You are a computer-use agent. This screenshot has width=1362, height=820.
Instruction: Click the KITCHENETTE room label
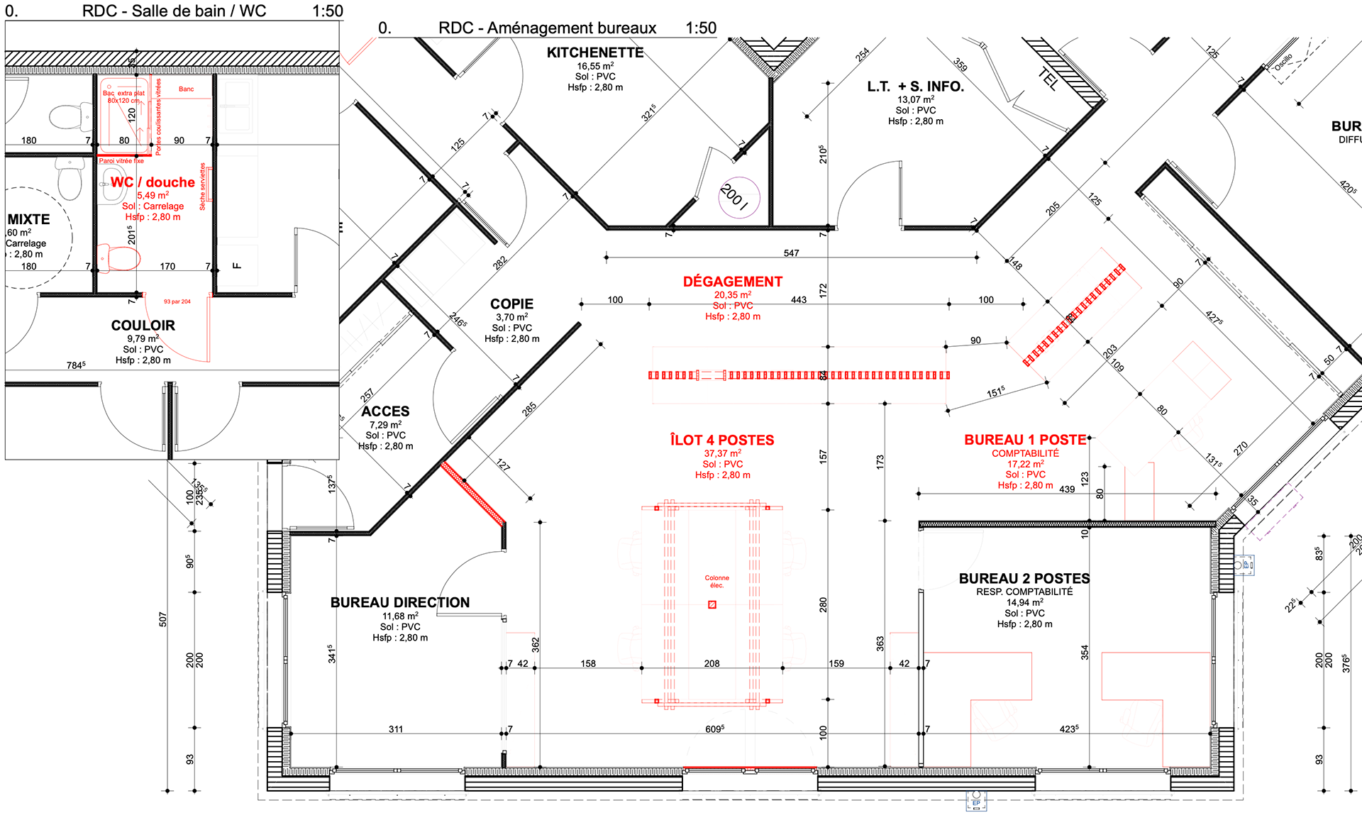tap(594, 52)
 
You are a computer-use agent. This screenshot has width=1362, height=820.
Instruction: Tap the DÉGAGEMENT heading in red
tap(732, 282)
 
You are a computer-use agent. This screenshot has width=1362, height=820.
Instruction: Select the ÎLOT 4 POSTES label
tap(722, 440)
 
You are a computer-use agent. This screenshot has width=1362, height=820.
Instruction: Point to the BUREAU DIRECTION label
tap(400, 602)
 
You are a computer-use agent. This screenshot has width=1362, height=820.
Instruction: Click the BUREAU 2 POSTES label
tap(1024, 578)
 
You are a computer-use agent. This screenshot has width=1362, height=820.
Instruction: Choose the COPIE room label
tap(511, 304)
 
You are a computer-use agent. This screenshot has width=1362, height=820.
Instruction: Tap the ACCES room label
tap(385, 411)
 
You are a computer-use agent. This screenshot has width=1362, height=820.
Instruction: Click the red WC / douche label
tap(153, 182)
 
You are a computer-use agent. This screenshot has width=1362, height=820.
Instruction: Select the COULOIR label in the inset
tap(143, 326)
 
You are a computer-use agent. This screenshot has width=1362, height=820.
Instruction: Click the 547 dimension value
tap(791, 253)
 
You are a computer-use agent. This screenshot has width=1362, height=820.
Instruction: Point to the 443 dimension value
tap(799, 300)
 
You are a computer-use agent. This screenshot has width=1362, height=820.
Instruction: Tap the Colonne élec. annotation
tap(716, 582)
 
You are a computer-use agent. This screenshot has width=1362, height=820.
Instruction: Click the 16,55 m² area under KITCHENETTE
tap(594, 66)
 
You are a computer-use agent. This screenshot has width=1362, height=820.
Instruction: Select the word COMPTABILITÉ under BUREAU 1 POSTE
tap(1025, 453)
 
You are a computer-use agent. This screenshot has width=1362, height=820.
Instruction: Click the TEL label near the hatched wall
tap(1048, 79)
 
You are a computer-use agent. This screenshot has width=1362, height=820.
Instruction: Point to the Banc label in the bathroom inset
tap(186, 89)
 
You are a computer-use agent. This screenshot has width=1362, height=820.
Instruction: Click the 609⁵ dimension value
tap(714, 729)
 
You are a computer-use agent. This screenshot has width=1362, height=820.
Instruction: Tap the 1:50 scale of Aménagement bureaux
tap(701, 28)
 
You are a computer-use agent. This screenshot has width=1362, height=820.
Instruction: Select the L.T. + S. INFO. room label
tap(915, 87)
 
